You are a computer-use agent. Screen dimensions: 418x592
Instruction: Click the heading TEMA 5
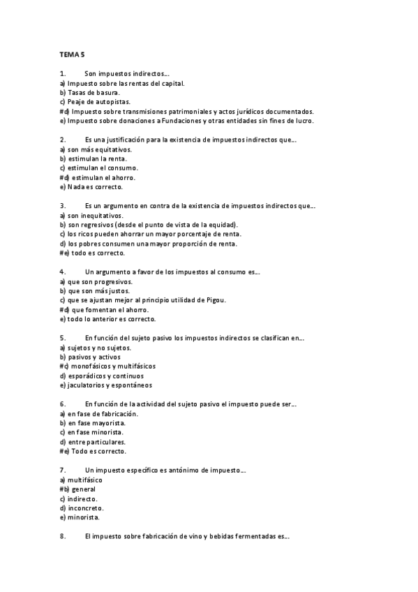click(72, 54)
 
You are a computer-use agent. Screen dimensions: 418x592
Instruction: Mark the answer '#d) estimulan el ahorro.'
click(98, 177)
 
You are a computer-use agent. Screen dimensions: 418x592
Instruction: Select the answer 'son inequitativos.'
click(93, 216)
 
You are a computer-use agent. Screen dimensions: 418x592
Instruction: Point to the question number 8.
click(63, 536)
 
